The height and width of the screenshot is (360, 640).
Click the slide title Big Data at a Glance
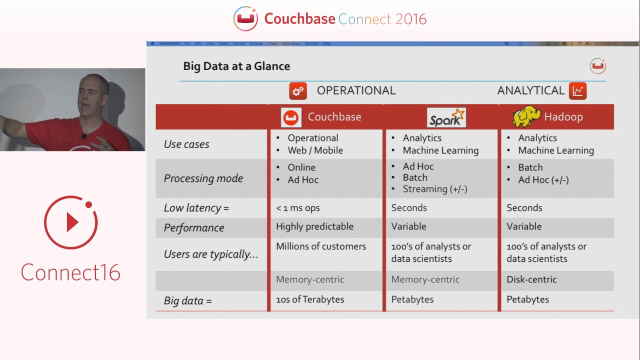point(236,66)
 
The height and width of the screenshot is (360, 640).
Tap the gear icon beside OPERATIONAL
point(298,91)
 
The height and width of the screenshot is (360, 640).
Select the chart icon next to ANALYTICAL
point(577,90)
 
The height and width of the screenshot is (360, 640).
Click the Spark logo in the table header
point(446,117)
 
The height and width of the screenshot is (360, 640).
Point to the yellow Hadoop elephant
point(526,116)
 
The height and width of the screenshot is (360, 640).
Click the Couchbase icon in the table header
point(291,117)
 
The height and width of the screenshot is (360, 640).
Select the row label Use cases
point(186,144)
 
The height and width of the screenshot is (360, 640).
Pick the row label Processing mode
point(203,178)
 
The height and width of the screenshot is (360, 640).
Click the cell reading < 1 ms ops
point(298,208)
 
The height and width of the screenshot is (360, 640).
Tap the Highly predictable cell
point(314,226)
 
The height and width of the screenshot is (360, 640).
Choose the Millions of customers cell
point(321,246)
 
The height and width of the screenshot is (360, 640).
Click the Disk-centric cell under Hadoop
point(531,279)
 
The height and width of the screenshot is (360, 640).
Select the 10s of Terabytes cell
point(310,299)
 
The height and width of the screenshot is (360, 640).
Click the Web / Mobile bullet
point(315,150)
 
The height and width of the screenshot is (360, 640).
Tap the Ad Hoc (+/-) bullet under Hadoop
point(543,180)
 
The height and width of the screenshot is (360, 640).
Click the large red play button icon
point(70,222)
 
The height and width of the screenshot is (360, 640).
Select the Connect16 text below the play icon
point(70,272)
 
